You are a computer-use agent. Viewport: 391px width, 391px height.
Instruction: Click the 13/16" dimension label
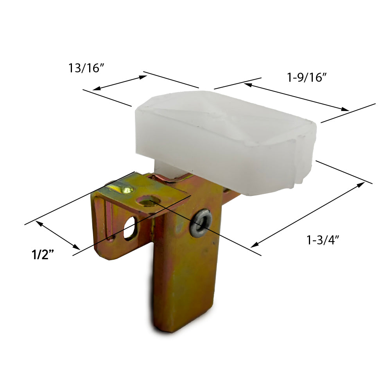point(86,68)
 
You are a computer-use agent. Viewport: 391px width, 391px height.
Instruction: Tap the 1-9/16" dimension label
point(307,77)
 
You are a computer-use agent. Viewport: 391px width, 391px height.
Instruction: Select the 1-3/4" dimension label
point(323,240)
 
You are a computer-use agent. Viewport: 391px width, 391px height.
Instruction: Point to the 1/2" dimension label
point(43,255)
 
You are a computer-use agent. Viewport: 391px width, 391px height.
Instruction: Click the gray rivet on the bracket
point(201,220)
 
